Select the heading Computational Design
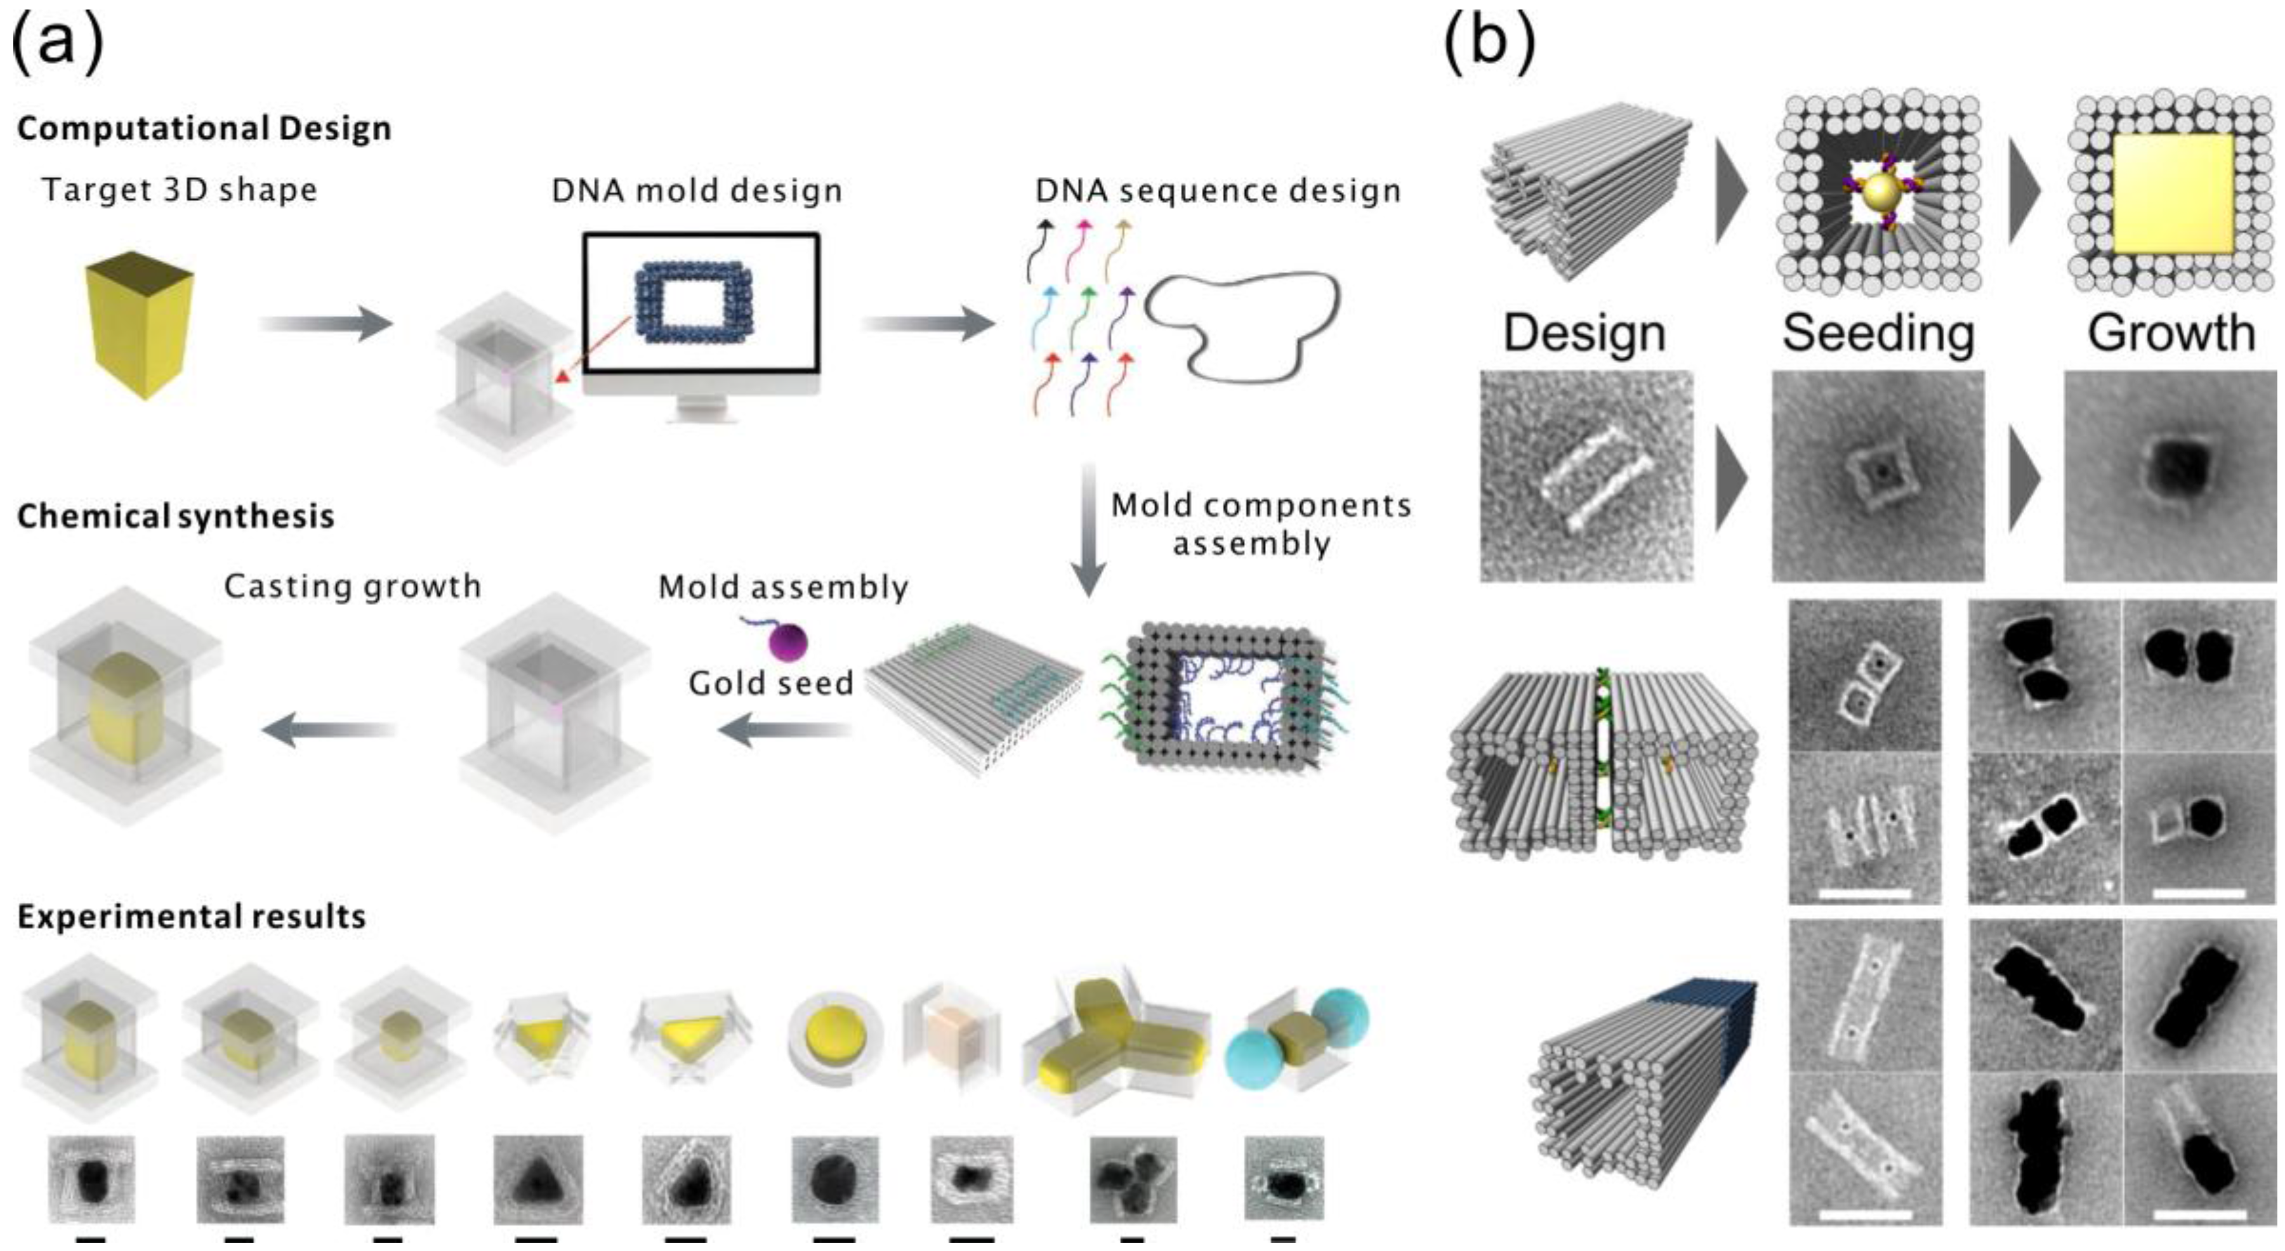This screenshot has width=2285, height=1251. click(x=204, y=129)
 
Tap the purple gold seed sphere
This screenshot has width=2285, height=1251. click(x=787, y=641)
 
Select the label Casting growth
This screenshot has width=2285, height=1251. click(x=352, y=587)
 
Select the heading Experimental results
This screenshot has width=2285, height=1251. click(x=192, y=917)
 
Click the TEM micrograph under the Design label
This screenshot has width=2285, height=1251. click(x=1586, y=476)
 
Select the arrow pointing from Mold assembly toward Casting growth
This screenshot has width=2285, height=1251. click(x=328, y=730)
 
